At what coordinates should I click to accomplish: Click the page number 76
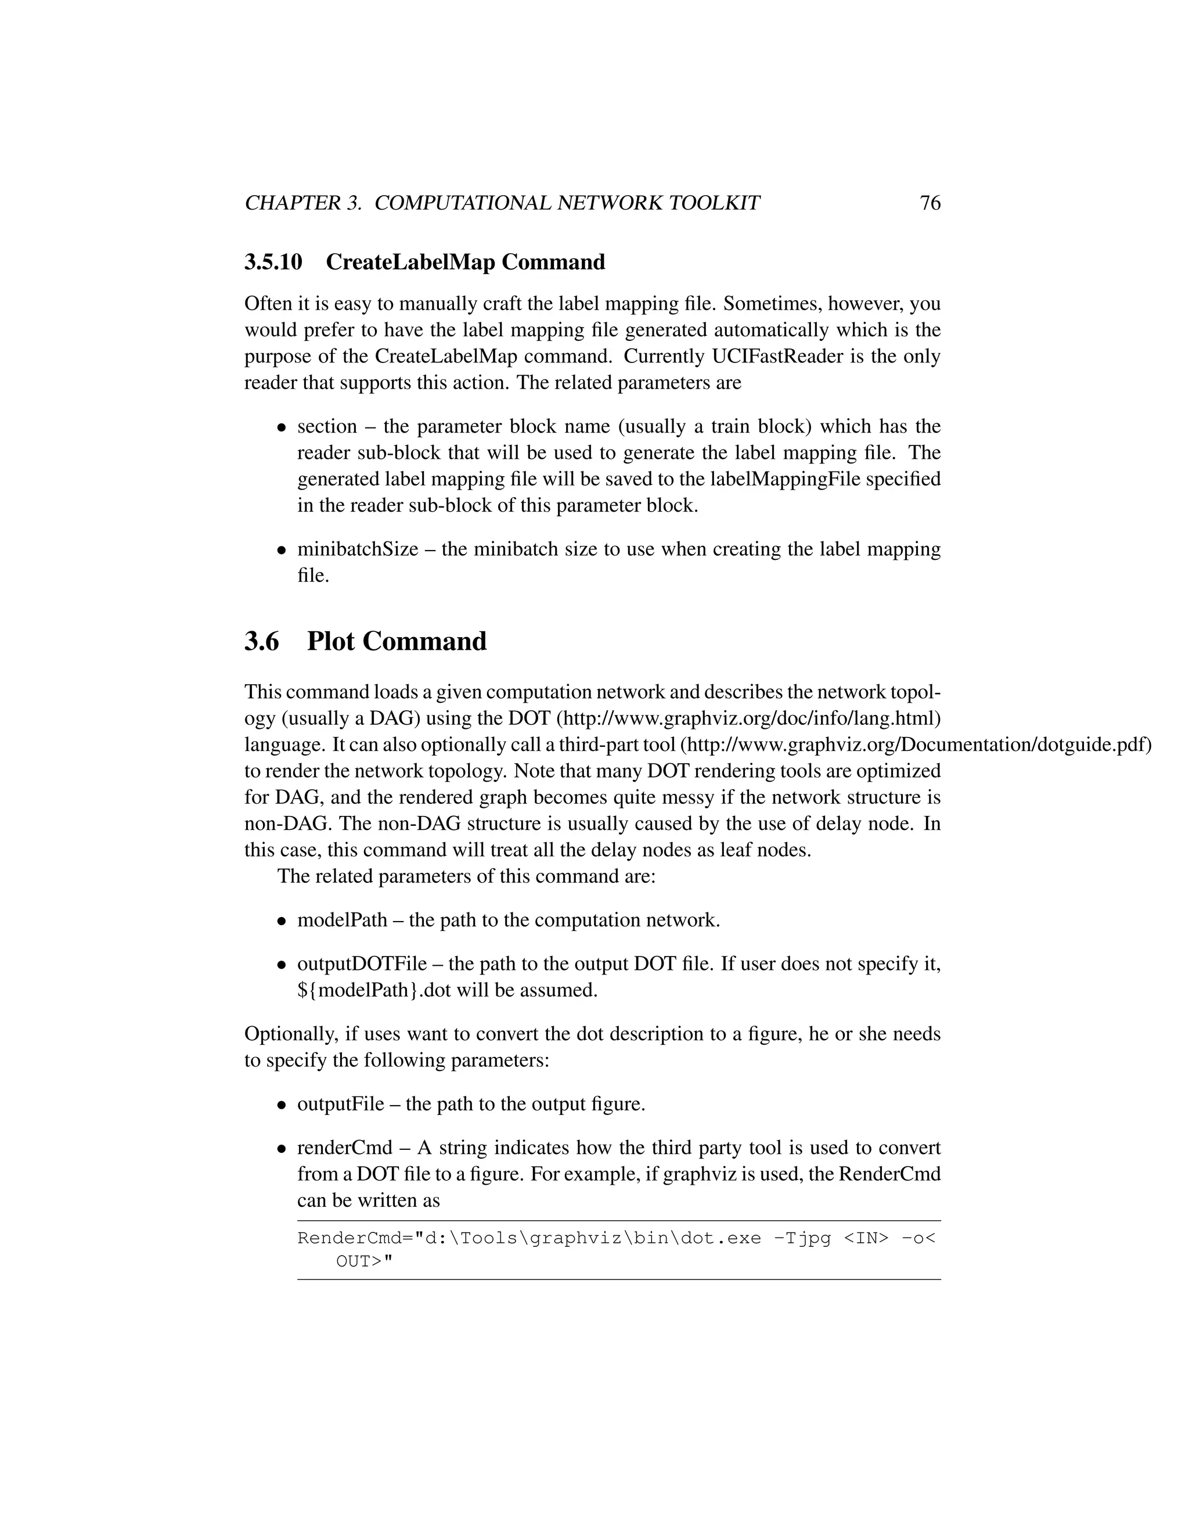[x=930, y=203]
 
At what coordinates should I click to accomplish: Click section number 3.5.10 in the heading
[x=273, y=262]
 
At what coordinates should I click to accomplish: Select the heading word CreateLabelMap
[x=410, y=262]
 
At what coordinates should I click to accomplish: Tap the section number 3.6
[x=261, y=641]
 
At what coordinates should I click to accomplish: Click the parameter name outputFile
[x=341, y=1103]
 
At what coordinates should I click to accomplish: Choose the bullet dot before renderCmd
[x=281, y=1149]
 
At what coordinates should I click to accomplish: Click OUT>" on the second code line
[x=363, y=1261]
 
